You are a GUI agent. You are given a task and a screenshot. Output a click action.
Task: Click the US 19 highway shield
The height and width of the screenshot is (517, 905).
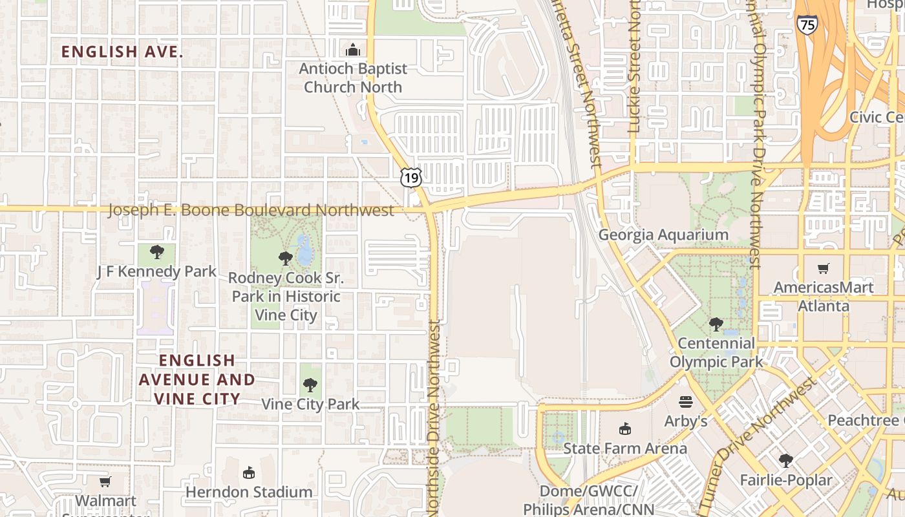411,178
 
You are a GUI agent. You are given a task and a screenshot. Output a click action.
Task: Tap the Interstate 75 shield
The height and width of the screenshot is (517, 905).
807,25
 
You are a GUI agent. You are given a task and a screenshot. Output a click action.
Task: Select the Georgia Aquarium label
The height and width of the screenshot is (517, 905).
663,235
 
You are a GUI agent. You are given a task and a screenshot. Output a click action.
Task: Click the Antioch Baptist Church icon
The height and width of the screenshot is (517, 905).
353,50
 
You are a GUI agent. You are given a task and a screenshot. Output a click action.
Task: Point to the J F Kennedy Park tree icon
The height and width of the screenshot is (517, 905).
156,252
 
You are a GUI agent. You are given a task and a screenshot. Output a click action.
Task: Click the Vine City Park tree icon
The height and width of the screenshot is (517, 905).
310,385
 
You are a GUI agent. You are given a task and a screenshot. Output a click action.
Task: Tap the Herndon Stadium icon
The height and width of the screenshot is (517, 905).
249,473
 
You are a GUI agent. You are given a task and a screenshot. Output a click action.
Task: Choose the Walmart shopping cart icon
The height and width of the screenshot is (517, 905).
105,481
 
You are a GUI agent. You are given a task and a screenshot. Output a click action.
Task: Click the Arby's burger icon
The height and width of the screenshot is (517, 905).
686,402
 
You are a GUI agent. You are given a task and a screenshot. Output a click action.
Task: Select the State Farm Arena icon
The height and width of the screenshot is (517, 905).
624,428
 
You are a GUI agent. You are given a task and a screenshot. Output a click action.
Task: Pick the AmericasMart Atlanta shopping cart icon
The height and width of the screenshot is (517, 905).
824,268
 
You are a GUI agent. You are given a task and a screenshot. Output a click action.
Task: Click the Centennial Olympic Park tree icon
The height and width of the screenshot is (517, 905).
716,324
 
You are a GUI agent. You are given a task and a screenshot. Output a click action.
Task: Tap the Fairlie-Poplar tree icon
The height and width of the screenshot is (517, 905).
786,460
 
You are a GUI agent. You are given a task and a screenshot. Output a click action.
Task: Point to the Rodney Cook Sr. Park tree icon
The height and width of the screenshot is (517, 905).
285,258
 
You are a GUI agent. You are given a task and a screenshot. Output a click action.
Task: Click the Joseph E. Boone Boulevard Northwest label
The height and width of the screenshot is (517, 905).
251,210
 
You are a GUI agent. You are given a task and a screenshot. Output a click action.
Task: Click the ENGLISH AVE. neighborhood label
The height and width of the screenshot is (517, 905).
122,52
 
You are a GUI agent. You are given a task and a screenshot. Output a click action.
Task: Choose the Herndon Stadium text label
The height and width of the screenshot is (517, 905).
249,492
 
